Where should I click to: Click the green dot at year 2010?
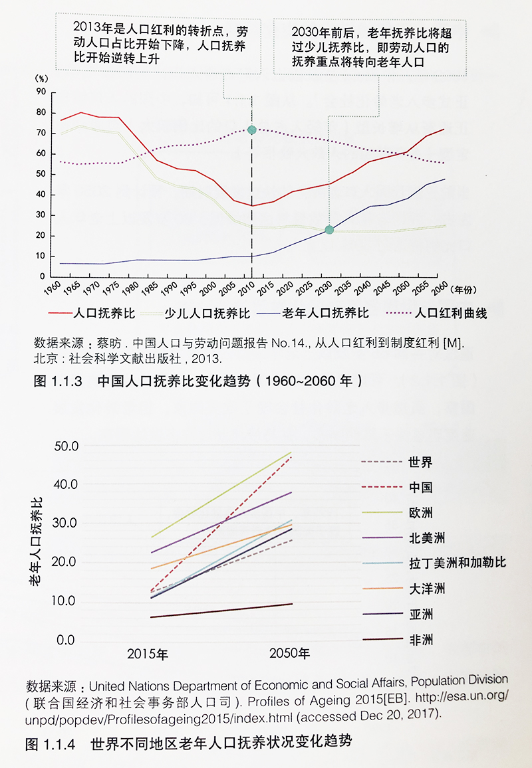pyautogui.click(x=251, y=130)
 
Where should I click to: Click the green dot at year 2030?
pyautogui.click(x=329, y=230)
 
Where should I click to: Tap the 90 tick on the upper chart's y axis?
pyautogui.click(x=41, y=92)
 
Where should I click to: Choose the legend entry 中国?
pyautogui.click(x=421, y=487)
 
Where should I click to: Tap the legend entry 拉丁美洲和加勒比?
pyautogui.click(x=458, y=563)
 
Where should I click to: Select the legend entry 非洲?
pyautogui.click(x=421, y=640)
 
